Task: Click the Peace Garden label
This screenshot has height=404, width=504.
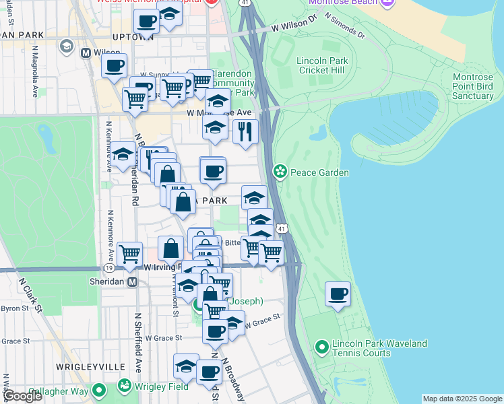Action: [319, 172]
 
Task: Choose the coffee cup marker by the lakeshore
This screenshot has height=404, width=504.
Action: [338, 294]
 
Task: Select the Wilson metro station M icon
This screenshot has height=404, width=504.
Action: [86, 52]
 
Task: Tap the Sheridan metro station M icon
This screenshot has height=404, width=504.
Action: [133, 281]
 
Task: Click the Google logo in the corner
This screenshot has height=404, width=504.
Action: [22, 396]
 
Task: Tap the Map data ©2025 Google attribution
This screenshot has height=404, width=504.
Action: [462, 399]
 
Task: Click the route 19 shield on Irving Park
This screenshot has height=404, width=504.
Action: [108, 267]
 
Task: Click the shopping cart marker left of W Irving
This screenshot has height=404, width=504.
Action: [129, 255]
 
